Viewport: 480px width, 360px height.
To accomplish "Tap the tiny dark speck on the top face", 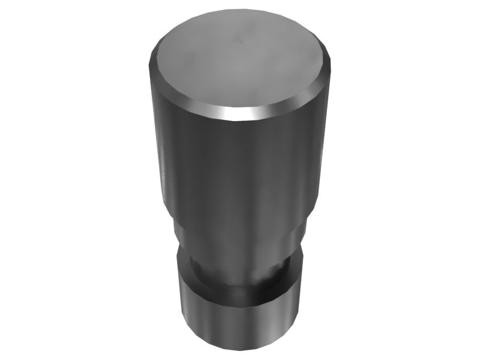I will [x=239, y=42].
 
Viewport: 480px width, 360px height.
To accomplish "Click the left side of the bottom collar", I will [x=183, y=312].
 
